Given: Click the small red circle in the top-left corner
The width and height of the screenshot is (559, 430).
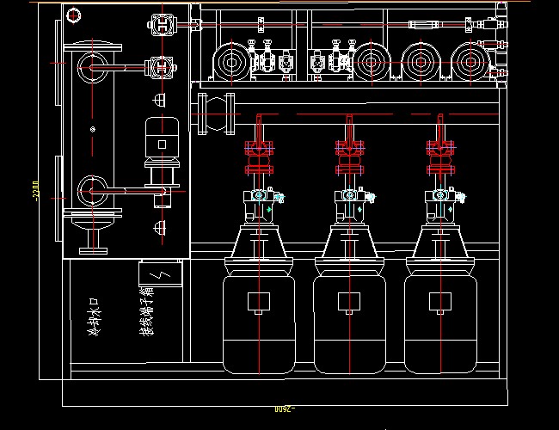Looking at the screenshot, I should pos(73,15).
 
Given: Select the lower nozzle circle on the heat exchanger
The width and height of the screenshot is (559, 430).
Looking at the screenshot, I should pos(89,187).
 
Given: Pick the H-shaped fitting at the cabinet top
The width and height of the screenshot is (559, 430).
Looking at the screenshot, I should pos(162,25).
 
